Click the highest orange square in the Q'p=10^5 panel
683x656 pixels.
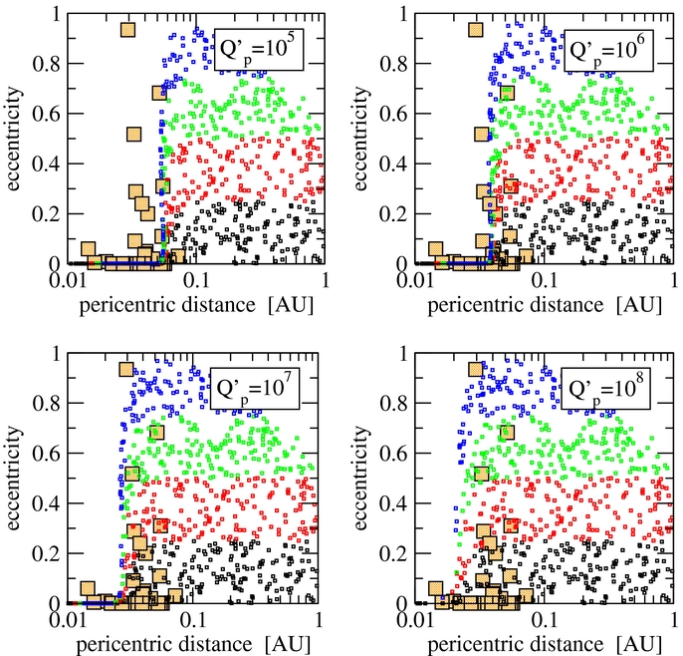point(127,29)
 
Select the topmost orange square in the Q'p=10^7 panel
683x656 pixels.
point(126,370)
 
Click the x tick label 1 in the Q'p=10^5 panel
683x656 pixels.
point(319,281)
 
